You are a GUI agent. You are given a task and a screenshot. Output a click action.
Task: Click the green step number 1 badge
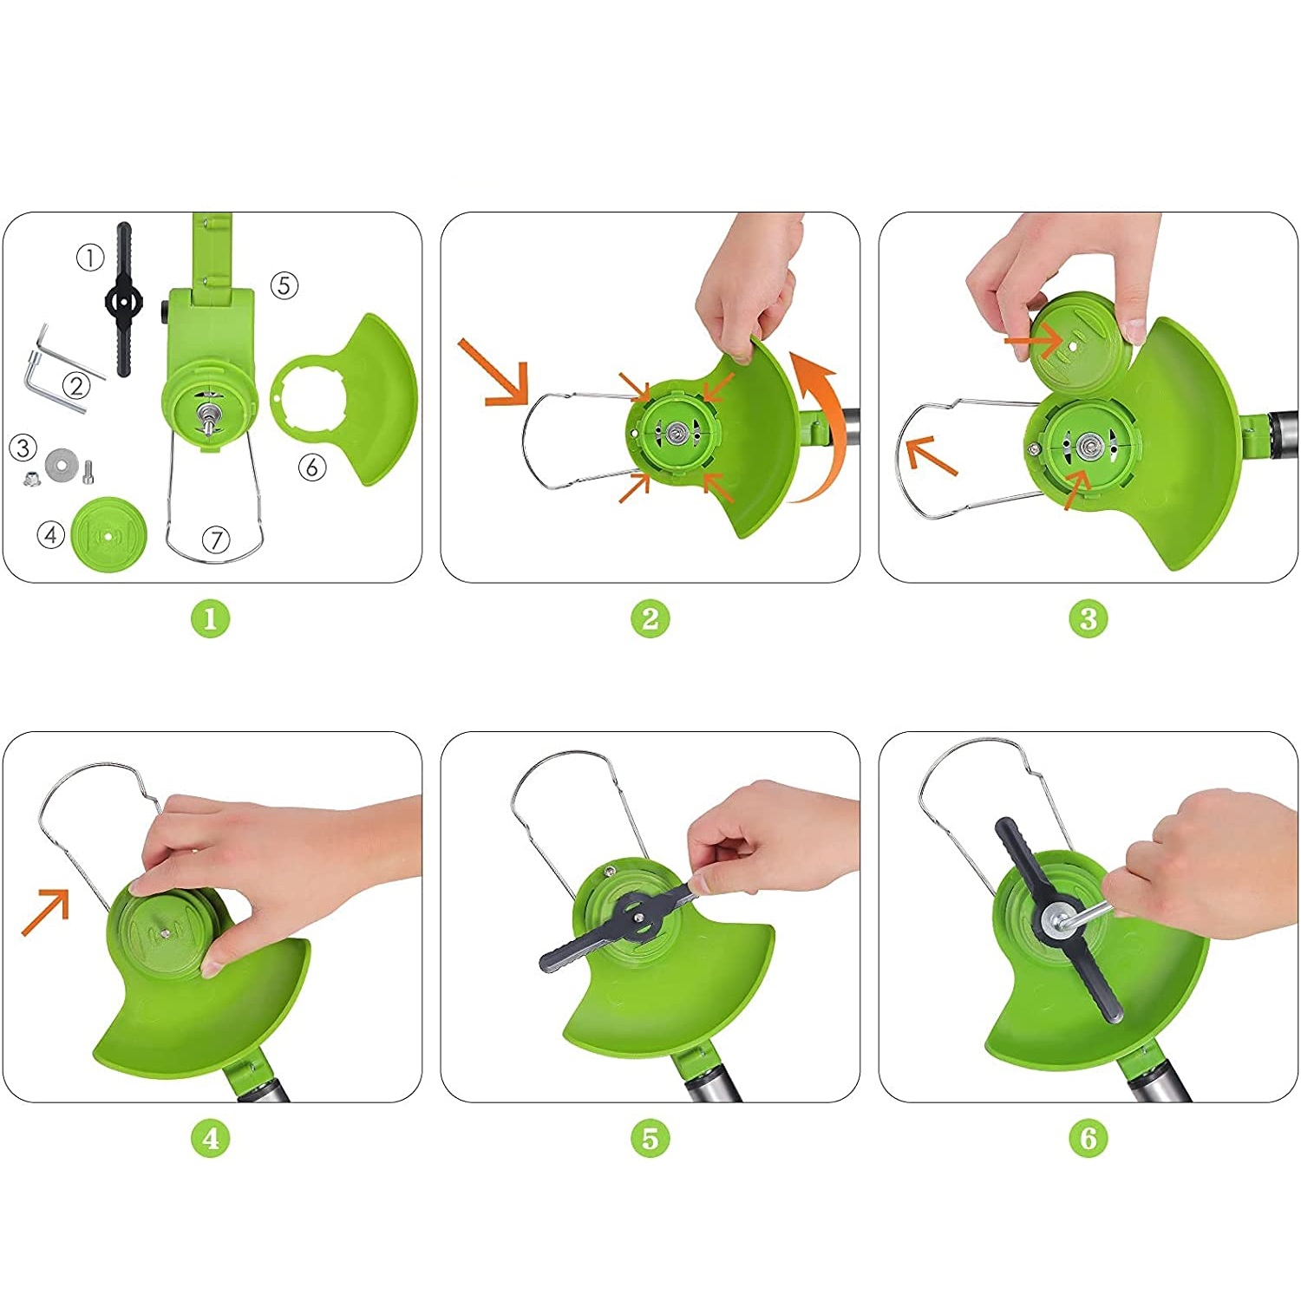point(210,618)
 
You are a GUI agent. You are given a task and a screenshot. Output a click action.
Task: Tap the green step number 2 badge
point(650,618)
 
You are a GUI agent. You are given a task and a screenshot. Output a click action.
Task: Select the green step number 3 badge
point(1089,618)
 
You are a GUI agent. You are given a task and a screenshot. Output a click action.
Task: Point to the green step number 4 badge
point(210,1137)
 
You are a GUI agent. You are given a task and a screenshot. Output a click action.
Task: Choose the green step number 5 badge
point(650,1137)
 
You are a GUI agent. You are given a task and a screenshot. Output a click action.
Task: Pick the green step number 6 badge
point(1089,1137)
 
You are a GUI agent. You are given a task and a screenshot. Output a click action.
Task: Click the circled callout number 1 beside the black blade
point(90,258)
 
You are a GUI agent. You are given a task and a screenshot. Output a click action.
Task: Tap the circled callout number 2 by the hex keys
point(76,385)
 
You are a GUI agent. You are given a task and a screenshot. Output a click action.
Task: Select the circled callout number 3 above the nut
point(23,448)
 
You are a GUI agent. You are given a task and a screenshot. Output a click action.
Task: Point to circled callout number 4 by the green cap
point(51,535)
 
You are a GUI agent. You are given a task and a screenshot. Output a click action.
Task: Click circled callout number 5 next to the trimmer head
point(284,285)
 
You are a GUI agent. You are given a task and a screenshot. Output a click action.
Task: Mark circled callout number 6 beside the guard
point(312,467)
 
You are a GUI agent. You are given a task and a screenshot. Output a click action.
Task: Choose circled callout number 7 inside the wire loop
point(216,540)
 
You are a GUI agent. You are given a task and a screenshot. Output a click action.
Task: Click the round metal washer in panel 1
point(60,463)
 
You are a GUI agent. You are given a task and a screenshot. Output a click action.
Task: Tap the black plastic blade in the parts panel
point(124,299)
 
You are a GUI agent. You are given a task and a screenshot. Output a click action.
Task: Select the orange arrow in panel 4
point(45,912)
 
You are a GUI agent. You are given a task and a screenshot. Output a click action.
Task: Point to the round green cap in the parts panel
point(108,534)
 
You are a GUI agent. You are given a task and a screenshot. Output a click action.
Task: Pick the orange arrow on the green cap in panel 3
point(1033,341)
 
